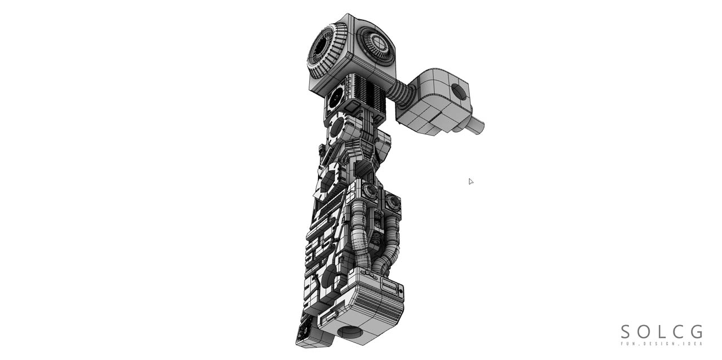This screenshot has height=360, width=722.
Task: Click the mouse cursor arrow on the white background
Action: click(471, 181)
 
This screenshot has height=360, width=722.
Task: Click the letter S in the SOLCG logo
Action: click(626, 332)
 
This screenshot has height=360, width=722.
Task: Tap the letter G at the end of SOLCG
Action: click(697, 332)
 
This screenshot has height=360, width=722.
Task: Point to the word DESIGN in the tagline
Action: click(667, 344)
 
